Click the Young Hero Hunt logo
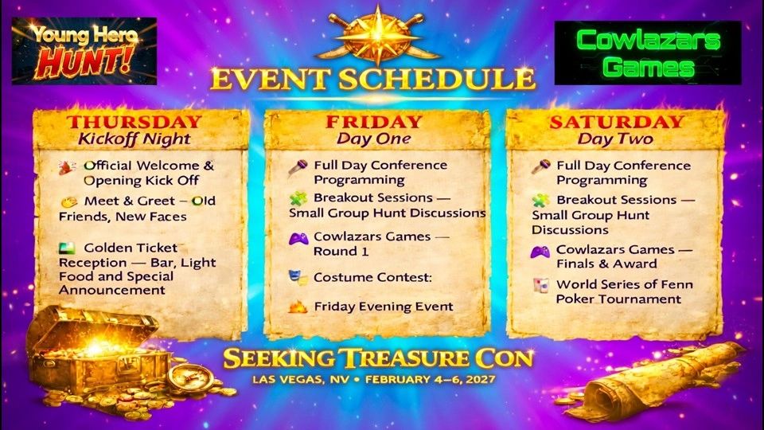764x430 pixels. (x=84, y=51)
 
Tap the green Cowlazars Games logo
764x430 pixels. (x=649, y=53)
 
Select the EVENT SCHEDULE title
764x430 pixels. (x=372, y=79)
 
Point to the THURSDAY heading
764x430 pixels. (x=134, y=122)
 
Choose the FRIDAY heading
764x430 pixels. (x=373, y=122)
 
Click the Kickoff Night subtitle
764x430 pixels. (x=134, y=139)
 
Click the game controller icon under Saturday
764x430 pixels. (x=540, y=251)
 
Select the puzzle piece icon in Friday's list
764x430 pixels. (x=298, y=197)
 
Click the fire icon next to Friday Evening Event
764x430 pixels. (x=298, y=306)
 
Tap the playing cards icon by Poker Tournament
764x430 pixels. (x=540, y=284)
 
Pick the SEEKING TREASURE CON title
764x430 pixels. (x=377, y=358)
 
